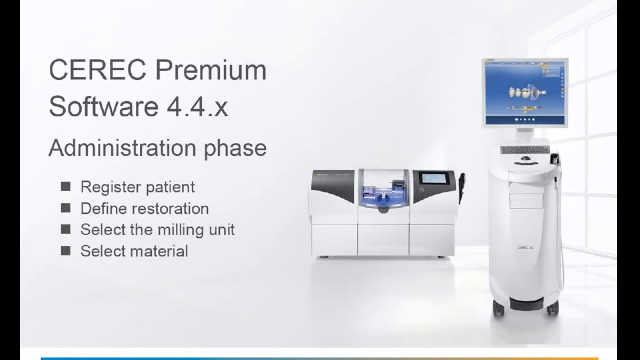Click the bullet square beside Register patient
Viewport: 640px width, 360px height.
point(66,186)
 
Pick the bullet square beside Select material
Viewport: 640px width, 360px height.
point(66,250)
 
